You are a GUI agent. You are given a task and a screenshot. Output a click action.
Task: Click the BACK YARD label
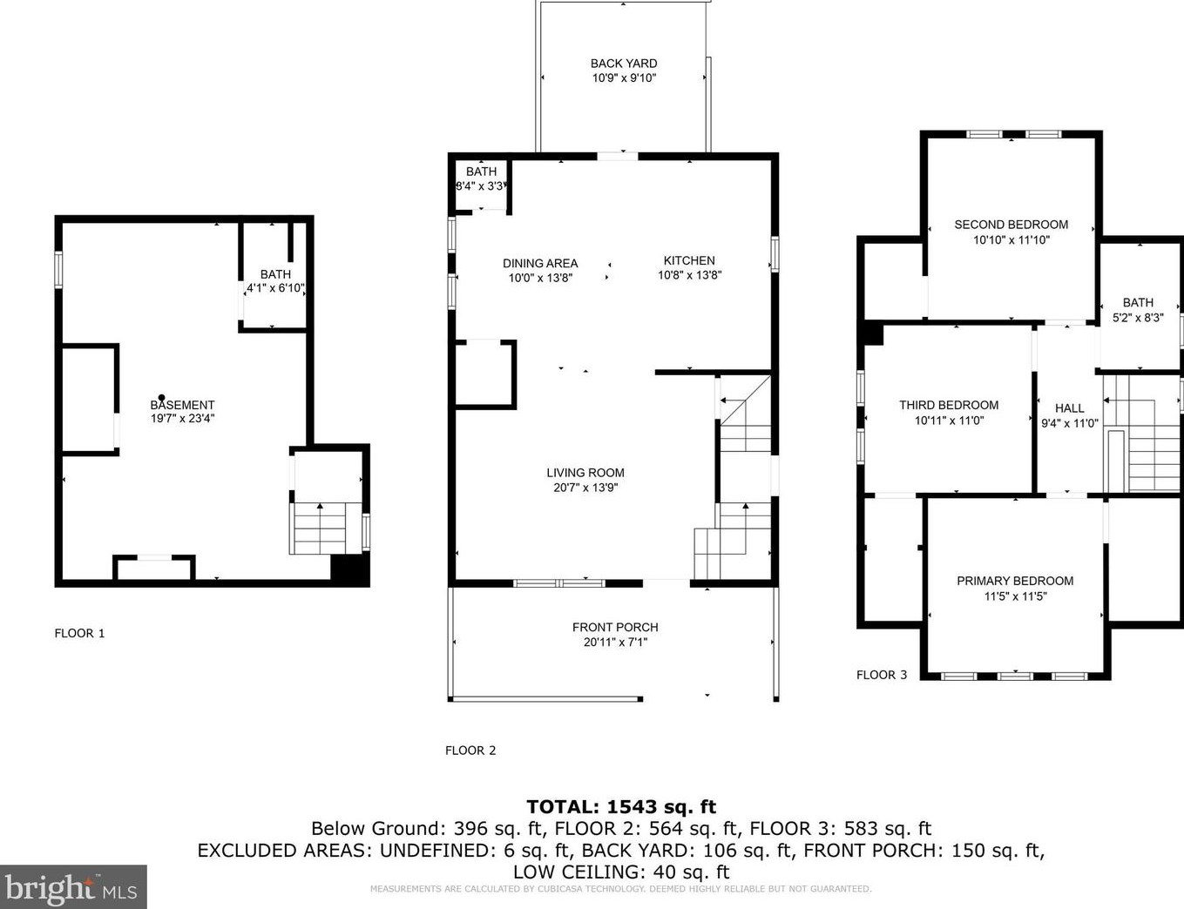pos(624,64)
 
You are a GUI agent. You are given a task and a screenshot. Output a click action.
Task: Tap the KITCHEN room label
pos(689,260)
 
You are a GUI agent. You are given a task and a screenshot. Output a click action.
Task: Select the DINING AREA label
pos(540,264)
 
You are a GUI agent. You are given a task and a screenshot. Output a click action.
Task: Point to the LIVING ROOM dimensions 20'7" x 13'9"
pos(585,488)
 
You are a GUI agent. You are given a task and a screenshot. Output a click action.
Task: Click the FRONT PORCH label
pos(615,628)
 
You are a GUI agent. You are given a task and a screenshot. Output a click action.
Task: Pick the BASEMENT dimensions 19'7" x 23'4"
pos(183,419)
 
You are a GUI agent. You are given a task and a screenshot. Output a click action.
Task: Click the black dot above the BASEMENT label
pos(161,398)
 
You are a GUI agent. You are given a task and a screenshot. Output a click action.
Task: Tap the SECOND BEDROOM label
pos(1011,225)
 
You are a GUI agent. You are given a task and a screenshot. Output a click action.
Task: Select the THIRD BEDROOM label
pos(949,406)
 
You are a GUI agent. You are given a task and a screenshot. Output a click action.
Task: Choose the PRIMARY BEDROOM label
pos(1015,582)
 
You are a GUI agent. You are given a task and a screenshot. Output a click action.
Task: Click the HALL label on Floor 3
pos(1070,408)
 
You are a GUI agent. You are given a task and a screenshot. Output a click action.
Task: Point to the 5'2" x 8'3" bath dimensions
pos(1138,318)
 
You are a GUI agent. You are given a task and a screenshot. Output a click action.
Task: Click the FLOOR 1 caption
pos(79,634)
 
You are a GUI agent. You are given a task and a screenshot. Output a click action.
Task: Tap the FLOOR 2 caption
pos(470,751)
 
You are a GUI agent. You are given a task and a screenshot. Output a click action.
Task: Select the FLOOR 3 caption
pos(882,676)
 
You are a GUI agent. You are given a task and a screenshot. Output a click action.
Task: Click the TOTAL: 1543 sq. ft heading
pos(621,806)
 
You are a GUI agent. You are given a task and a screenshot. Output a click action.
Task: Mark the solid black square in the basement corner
pos(350,569)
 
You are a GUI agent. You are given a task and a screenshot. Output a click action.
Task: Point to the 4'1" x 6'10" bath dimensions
pos(275,288)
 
